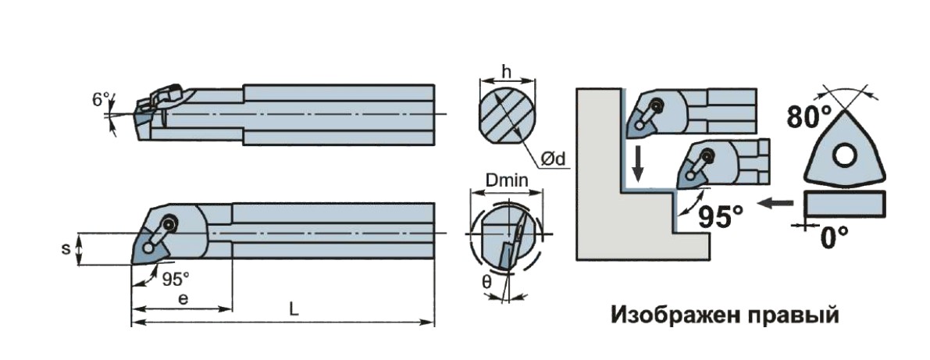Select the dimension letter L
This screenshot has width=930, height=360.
click(x=294, y=309)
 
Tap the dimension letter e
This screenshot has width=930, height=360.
click(x=181, y=299)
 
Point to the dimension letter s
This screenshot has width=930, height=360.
click(x=67, y=249)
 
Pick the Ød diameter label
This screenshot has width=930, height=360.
click(x=555, y=159)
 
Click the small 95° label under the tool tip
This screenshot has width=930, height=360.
click(x=176, y=277)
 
